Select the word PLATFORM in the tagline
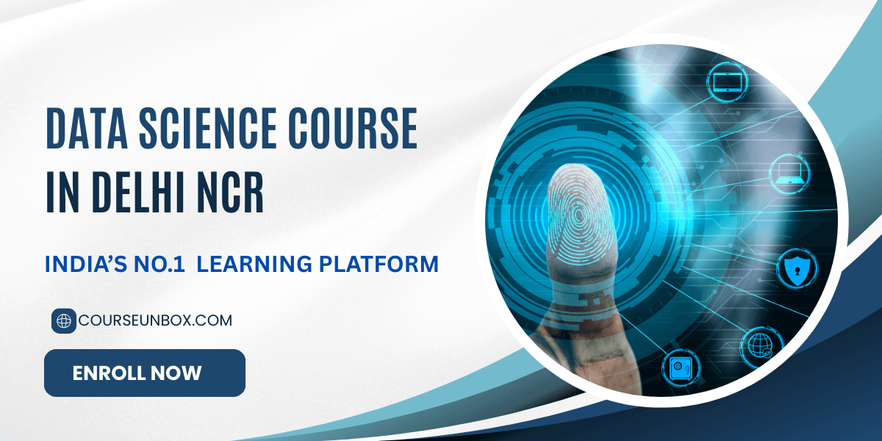(381, 264)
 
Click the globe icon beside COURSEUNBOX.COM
(64, 321)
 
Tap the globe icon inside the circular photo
(756, 344)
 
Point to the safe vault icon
(678, 365)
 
